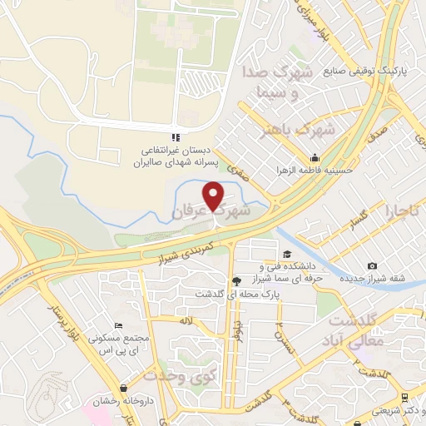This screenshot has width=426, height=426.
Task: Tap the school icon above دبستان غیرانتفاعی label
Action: coord(174,136)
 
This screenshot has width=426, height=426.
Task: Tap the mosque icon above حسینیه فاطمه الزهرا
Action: coord(315,158)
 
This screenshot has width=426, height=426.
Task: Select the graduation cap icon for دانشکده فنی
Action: coord(287,255)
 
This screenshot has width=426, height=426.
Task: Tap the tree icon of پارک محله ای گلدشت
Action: coord(235,281)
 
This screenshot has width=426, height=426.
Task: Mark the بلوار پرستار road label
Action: coord(72,324)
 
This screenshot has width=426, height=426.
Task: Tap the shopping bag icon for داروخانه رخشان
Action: coord(124,388)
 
